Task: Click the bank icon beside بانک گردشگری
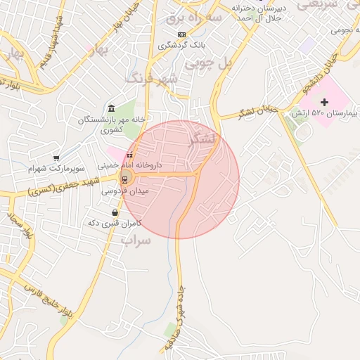coord(182,34)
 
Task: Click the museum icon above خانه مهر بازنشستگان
coord(112,108)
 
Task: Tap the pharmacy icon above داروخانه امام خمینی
coord(129,155)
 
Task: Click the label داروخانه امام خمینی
coord(132,165)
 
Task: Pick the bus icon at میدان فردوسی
coord(124,179)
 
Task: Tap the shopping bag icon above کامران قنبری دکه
coord(115,212)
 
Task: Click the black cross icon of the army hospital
coord(324,103)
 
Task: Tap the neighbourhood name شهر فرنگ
coord(150,78)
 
